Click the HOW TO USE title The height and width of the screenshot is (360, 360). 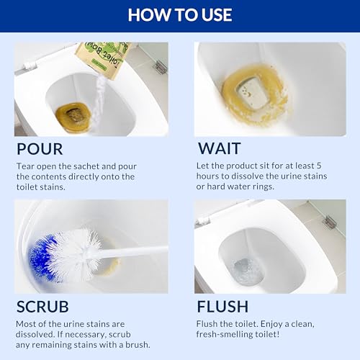click(180, 15)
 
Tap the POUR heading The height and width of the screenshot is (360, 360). click(40, 149)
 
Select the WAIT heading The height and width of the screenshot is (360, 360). click(219, 148)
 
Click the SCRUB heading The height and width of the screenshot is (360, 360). click(42, 307)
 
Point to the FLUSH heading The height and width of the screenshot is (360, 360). click(222, 307)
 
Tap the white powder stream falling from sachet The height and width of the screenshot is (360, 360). click(99, 101)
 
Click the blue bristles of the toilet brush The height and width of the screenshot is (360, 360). click(42, 258)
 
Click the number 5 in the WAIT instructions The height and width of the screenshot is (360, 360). click(319, 166)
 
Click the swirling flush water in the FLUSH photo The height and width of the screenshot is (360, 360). click(247, 271)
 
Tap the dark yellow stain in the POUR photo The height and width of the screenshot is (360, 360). click(73, 117)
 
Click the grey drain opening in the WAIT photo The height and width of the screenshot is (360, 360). click(251, 91)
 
